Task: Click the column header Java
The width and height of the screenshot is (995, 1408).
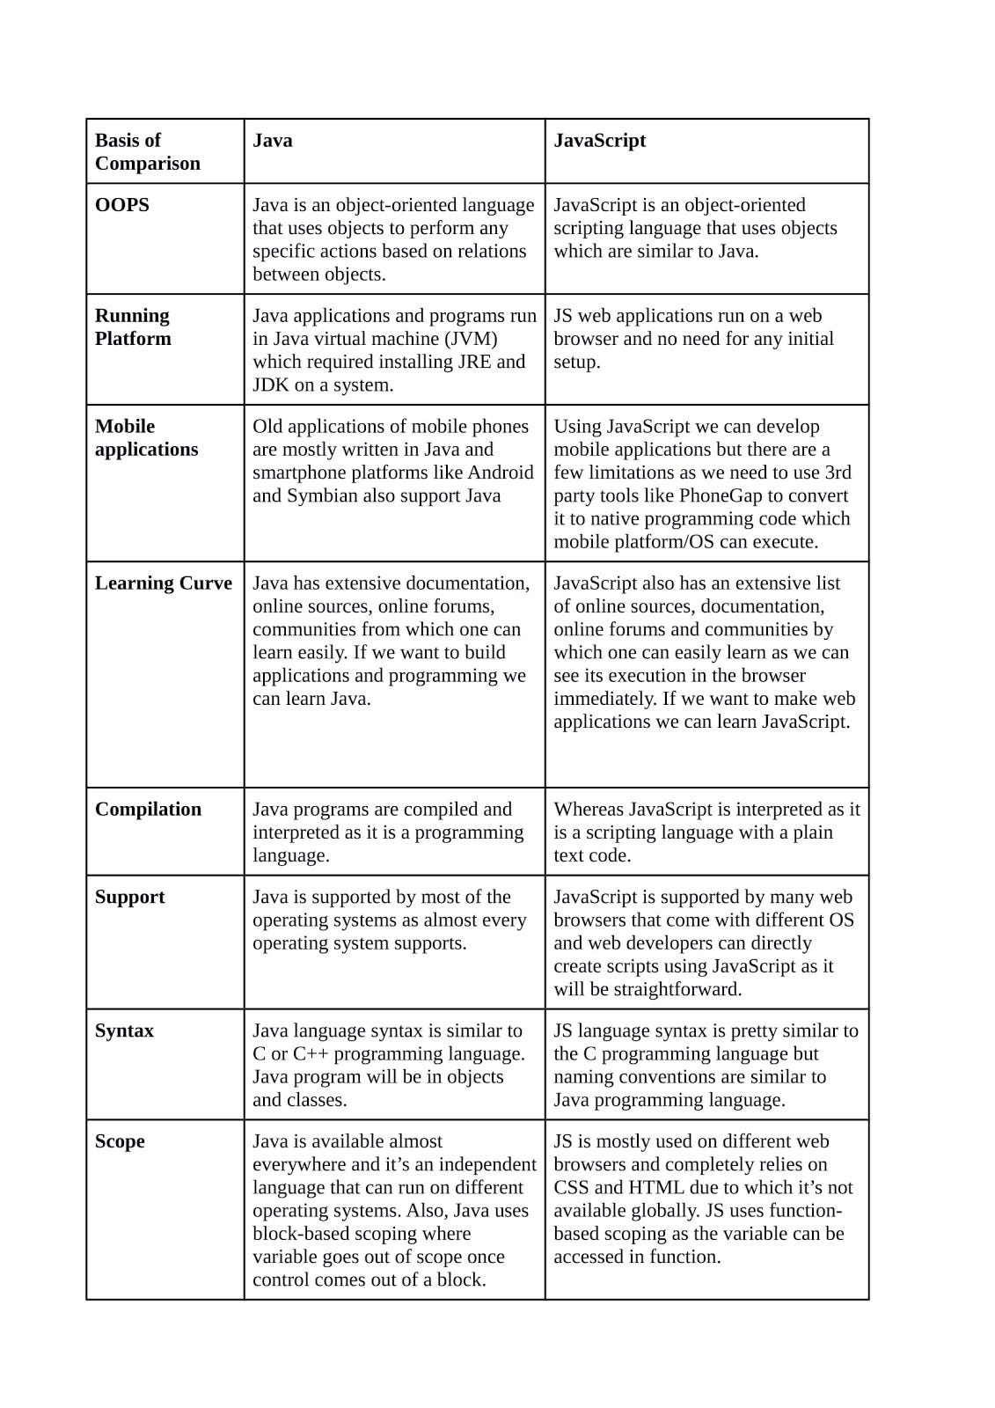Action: [273, 141]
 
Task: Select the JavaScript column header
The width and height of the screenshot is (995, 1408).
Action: [599, 141]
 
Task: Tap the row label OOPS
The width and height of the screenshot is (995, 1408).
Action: [122, 205]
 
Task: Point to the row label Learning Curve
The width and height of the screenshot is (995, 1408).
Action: [164, 583]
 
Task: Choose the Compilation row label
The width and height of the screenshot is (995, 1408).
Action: [148, 810]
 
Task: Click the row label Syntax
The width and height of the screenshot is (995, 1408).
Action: [124, 1030]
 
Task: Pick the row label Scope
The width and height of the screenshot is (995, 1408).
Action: [120, 1141]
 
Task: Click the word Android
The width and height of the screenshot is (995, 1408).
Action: [501, 473]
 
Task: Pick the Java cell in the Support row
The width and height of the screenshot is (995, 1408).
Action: [394, 920]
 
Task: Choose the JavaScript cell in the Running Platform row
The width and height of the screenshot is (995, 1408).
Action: [706, 339]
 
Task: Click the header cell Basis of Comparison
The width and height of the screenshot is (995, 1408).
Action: [148, 151]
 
